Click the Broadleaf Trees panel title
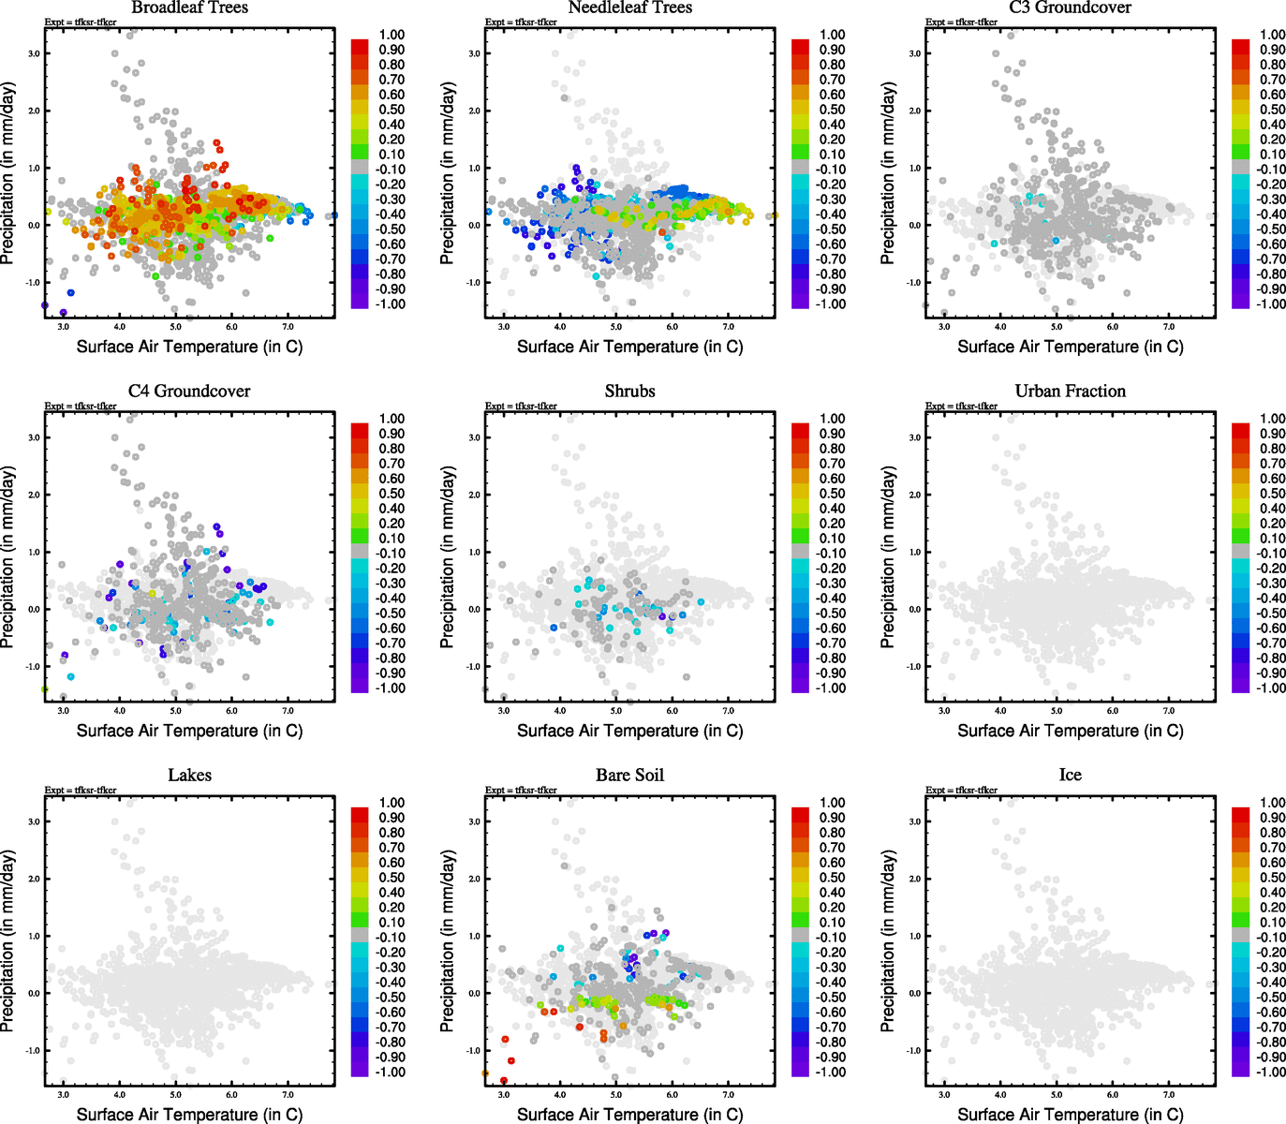pos(189,7)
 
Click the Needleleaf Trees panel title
pos(629,7)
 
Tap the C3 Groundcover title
pos(1070,7)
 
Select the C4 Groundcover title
pos(189,392)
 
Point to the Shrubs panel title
pos(629,392)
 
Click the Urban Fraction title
pos(1070,392)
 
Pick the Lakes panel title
pos(189,776)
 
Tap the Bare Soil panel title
pos(629,776)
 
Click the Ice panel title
pos(1070,776)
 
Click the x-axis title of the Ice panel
pos(1070,1115)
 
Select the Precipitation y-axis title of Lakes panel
pos(8,940)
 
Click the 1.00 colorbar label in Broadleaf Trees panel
pos(392,35)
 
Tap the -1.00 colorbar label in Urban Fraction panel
pos(1270,688)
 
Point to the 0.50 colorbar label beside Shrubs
pos(832,494)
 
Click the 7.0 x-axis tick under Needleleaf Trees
pos(729,327)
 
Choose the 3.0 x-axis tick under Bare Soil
pos(504,1095)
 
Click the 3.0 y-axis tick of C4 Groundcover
pos(34,437)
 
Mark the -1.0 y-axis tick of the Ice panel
pos(913,1051)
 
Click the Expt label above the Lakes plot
pos(81,791)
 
